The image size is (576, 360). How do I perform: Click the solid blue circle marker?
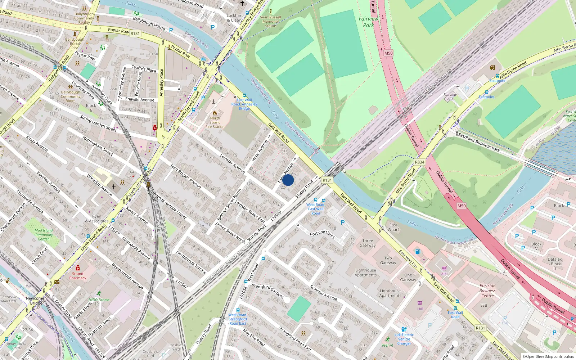(288, 180)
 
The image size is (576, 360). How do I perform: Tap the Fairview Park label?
(368, 22)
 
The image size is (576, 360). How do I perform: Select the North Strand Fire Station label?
(215, 122)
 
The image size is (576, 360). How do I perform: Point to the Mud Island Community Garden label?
(44, 235)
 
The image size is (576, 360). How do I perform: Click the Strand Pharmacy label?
(78, 275)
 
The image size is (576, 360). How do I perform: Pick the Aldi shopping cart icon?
(445, 268)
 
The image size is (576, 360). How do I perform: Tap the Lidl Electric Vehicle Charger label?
(404, 339)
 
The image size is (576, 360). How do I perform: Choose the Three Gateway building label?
(368, 243)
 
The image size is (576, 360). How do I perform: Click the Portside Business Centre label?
(487, 291)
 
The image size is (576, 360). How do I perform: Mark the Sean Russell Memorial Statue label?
(270, 21)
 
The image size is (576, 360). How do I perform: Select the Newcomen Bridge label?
(36, 301)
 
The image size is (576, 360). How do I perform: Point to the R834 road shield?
(419, 162)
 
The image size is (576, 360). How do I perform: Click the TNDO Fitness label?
(99, 300)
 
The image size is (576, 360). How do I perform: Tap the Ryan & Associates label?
(96, 219)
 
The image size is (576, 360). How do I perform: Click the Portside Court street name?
(322, 234)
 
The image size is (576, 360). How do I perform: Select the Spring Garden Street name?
(98, 123)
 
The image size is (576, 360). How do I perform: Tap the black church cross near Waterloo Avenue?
(114, 187)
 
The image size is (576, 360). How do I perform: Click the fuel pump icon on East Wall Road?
(418, 252)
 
